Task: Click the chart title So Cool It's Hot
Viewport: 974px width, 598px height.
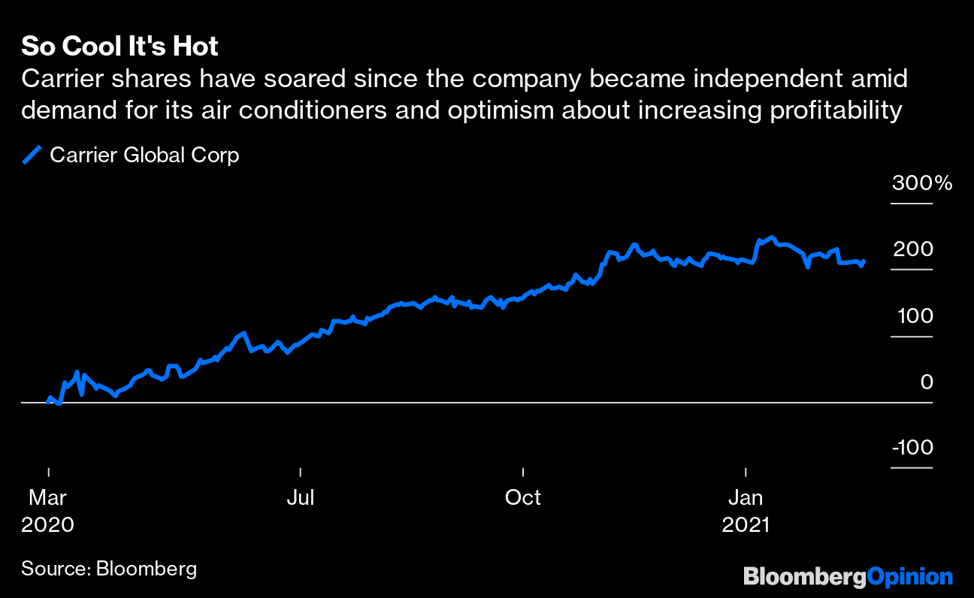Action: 119,47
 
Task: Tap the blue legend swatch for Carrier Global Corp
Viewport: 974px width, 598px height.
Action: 32,156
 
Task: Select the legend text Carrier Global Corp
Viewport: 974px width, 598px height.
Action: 144,156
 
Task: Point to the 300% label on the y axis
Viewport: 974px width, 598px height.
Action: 922,183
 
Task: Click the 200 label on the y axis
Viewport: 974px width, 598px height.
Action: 913,249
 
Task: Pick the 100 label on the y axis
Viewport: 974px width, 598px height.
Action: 915,316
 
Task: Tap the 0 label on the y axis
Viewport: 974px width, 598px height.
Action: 927,382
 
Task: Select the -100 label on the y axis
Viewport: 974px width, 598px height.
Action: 912,448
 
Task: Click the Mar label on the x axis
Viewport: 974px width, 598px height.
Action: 48,498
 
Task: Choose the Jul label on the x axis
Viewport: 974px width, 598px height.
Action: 300,498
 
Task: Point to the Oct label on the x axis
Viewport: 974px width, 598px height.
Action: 523,498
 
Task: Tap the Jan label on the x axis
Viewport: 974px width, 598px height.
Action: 746,498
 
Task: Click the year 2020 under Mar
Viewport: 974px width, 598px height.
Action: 48,524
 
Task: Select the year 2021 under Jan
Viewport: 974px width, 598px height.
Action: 746,524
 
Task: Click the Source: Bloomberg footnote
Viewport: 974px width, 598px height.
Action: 109,569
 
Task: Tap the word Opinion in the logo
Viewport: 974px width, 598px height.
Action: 909,577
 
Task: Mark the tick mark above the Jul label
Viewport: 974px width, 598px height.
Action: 300,472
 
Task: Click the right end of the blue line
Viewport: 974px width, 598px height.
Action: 864,261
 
